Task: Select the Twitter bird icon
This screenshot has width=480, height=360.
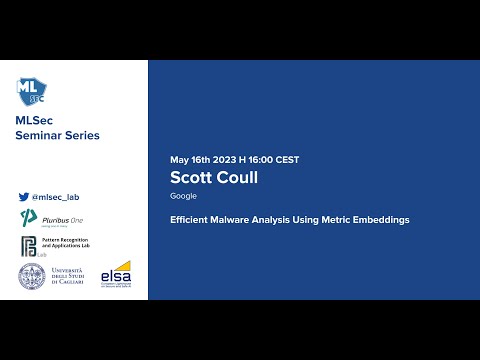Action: click(x=24, y=197)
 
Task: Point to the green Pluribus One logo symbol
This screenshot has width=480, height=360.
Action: click(x=28, y=219)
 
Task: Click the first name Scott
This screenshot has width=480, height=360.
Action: click(x=193, y=178)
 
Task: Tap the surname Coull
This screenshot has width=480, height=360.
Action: click(x=238, y=178)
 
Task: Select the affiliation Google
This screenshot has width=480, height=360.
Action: click(x=183, y=196)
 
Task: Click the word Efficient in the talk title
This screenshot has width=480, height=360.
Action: click(x=189, y=219)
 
